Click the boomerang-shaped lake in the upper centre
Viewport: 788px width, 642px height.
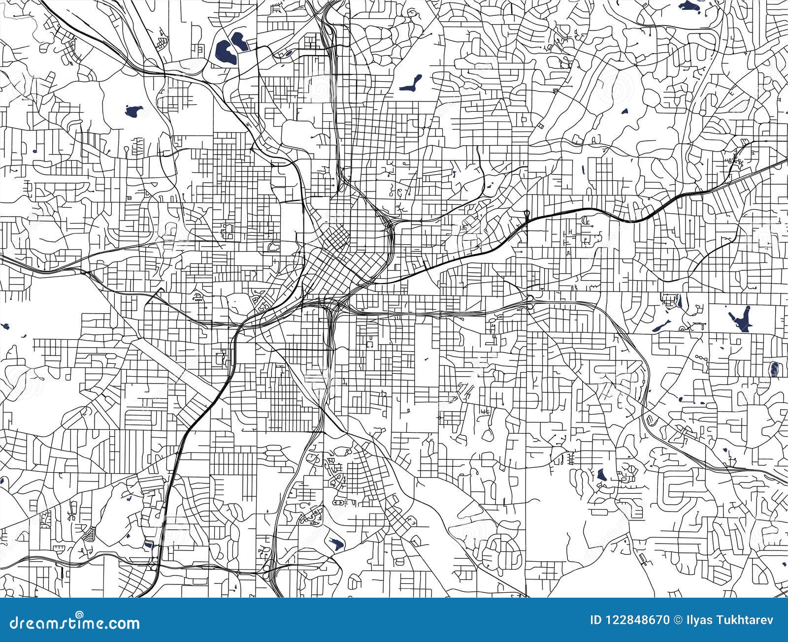coord(411,83)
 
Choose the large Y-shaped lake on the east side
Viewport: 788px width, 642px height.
coord(739,318)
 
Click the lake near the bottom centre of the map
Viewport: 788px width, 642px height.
coord(336,544)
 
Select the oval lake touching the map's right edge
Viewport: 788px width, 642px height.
coord(773,369)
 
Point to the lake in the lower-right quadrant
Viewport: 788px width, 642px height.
coord(601,475)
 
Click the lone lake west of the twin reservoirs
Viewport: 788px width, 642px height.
coord(132,111)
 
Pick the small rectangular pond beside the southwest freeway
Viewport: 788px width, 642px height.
coord(149,545)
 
